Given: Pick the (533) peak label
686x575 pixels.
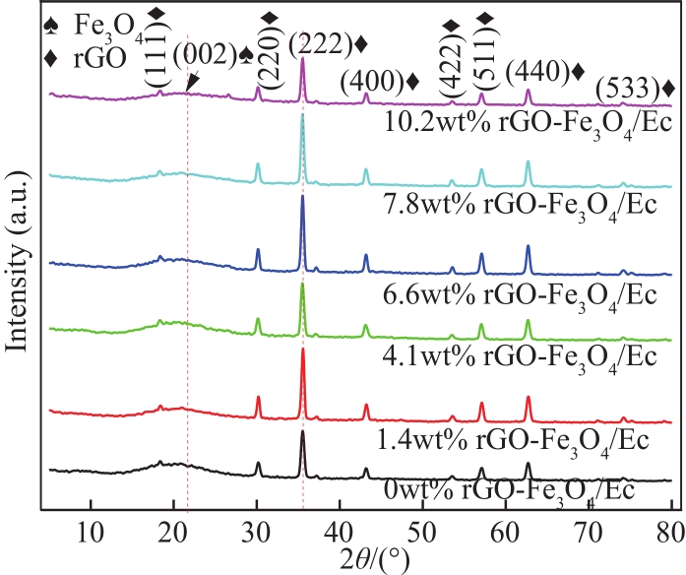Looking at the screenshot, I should click(x=635, y=88).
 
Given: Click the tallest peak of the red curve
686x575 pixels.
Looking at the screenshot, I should click(x=302, y=351).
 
